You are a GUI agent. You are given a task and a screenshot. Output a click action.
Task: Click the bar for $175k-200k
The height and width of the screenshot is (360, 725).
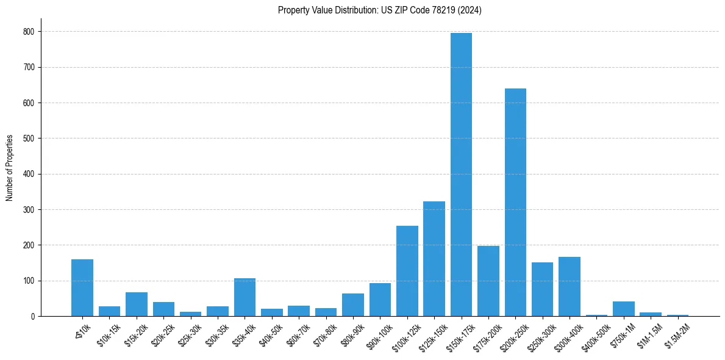488,281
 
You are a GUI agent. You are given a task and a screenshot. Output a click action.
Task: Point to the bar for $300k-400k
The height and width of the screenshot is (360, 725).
570,287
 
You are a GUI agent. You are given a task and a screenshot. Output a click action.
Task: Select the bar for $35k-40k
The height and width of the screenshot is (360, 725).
245,297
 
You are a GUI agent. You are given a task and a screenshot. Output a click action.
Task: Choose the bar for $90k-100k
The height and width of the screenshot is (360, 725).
380,300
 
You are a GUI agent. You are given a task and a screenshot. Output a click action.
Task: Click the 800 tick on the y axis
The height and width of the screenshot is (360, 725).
30,31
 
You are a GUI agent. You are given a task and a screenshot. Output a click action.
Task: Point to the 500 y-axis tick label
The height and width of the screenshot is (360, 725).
30,139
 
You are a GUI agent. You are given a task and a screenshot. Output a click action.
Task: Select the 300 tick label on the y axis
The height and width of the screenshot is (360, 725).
30,210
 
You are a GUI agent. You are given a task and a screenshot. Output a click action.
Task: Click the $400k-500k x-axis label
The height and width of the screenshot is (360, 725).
595,334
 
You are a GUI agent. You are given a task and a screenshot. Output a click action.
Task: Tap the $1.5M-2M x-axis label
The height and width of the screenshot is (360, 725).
677,333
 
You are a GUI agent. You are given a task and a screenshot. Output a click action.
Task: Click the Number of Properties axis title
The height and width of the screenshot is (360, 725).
10,168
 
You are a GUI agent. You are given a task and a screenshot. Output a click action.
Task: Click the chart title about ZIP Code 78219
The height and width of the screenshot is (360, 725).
379,10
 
